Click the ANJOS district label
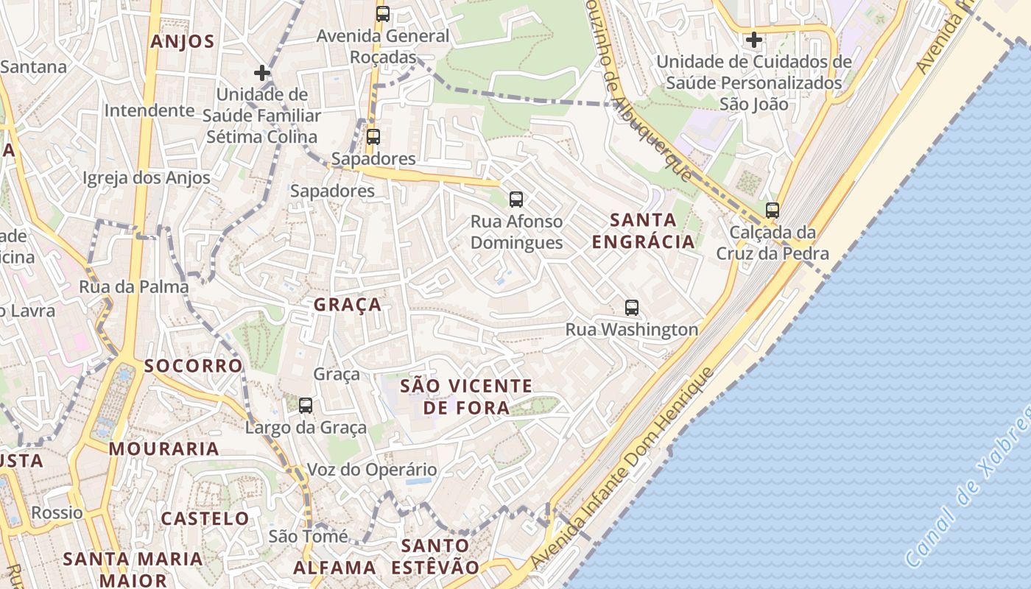pyautogui.click(x=182, y=41)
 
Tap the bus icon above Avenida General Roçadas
pyautogui.click(x=382, y=13)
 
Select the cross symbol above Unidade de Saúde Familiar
pyautogui.click(x=261, y=73)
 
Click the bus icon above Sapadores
pyautogui.click(x=373, y=136)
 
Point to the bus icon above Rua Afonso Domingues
pyautogui.click(x=516, y=199)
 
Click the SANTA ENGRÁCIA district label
pyautogui.click(x=644, y=230)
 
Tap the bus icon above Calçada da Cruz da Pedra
pyautogui.click(x=772, y=211)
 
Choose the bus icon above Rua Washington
pyautogui.click(x=631, y=308)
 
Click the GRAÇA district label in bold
pyautogui.click(x=348, y=305)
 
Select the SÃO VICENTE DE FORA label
pyautogui.click(x=466, y=396)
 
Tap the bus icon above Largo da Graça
pyautogui.click(x=306, y=405)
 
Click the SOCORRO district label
pyautogui.click(x=193, y=366)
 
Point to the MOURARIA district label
pyautogui.click(x=164, y=448)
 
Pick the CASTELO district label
pyautogui.click(x=205, y=518)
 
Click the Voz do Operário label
pyautogui.click(x=371, y=470)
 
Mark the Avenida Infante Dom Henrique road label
pyautogui.click(x=622, y=469)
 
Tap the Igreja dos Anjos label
pyautogui.click(x=146, y=177)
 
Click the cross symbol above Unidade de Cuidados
pyautogui.click(x=753, y=40)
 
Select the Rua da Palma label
pyautogui.click(x=134, y=286)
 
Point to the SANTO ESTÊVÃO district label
pyautogui.click(x=434, y=557)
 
